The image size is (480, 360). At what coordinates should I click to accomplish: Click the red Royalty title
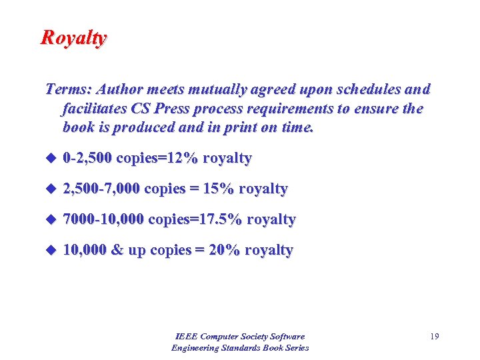click(x=73, y=37)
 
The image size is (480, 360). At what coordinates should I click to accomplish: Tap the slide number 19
click(x=434, y=337)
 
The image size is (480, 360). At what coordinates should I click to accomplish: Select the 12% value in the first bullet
click(x=184, y=159)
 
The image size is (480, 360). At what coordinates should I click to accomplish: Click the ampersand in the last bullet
click(x=117, y=250)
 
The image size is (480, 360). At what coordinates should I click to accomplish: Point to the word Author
click(x=121, y=89)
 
